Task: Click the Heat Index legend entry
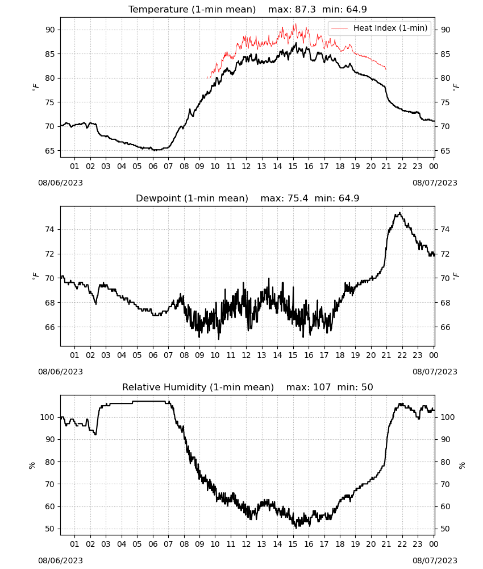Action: coord(380,28)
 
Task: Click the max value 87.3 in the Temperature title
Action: coord(305,9)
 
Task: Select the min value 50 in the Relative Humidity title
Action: coord(367,387)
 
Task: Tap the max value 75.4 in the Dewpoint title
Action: coord(298,198)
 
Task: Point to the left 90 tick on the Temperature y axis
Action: coord(50,30)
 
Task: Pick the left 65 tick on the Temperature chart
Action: coord(50,151)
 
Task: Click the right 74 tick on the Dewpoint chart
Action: coord(445,229)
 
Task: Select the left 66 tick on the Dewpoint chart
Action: coord(50,327)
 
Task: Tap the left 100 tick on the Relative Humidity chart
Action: coord(48,417)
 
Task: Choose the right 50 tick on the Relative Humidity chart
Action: coord(445,529)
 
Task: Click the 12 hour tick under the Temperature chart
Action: coord(246,166)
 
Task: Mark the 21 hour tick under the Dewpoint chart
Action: coord(386,355)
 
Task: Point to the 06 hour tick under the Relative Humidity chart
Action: coord(152,544)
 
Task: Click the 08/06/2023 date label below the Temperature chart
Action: coord(60,183)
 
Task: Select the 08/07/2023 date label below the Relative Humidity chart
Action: coord(435,560)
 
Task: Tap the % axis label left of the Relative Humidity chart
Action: coord(32,465)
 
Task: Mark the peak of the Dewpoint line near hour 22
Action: coord(399,213)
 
